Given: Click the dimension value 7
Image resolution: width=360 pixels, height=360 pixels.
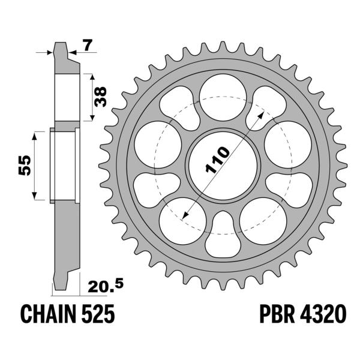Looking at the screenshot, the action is pyautogui.click(x=88, y=45).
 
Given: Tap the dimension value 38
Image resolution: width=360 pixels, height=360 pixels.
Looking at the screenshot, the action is pyautogui.click(x=100, y=97).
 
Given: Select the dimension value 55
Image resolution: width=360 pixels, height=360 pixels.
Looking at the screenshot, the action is pyautogui.click(x=25, y=166).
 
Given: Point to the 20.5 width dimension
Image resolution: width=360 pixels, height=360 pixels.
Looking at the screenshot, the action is pyautogui.click(x=106, y=286).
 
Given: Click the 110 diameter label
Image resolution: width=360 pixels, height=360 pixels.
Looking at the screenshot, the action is pyautogui.click(x=217, y=160).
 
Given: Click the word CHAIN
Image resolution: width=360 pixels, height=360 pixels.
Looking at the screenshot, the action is pyautogui.click(x=48, y=314).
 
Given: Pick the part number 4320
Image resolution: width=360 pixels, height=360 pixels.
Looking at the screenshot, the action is pyautogui.click(x=323, y=314).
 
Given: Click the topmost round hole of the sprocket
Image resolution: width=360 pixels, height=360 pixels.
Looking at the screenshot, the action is pyautogui.click(x=223, y=97).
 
